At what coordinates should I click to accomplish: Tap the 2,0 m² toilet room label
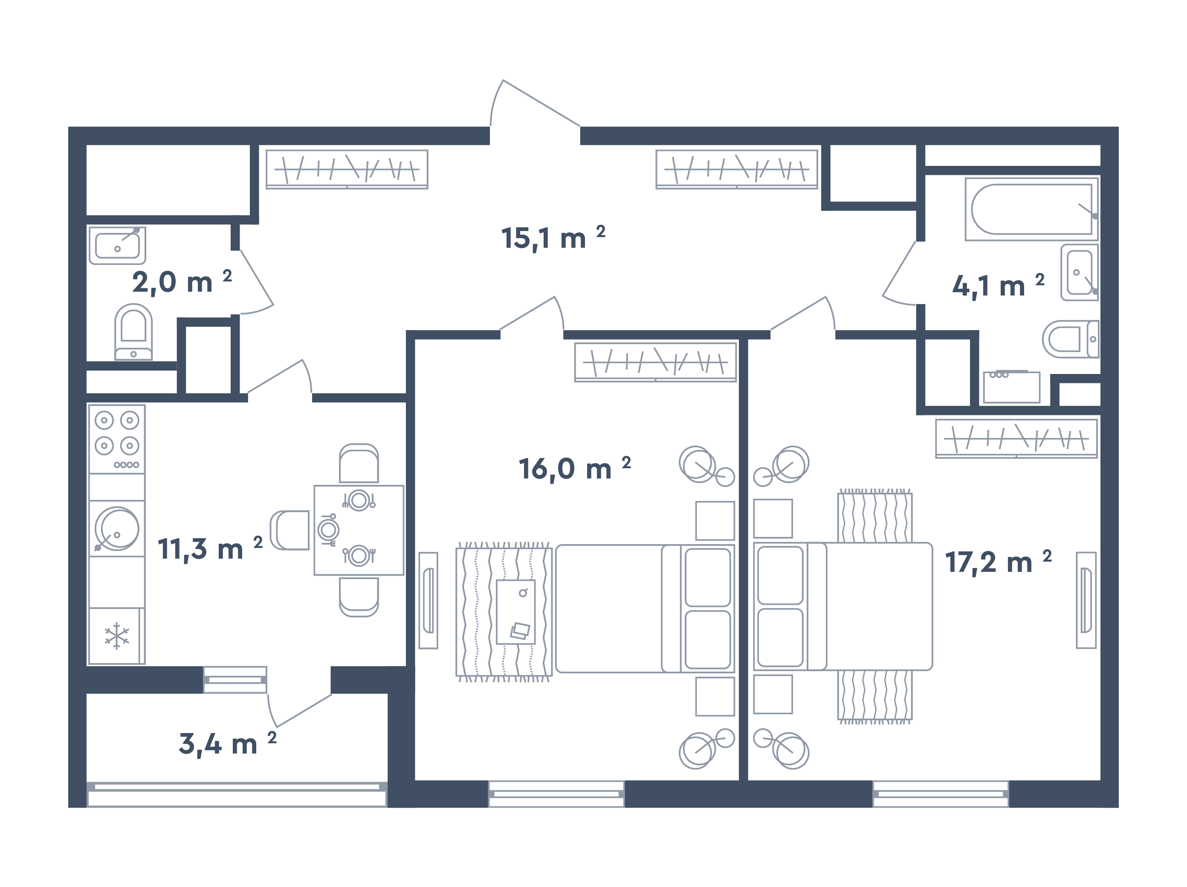pyautogui.click(x=181, y=282)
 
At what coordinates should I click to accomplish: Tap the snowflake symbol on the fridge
pyautogui.click(x=116, y=636)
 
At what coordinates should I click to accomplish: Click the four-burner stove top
pyautogui.click(x=116, y=438)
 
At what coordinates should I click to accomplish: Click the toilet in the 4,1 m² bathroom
pyautogui.click(x=1069, y=339)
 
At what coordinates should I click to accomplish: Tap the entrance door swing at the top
pyautogui.click(x=531, y=107)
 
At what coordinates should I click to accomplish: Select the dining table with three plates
pyautogui.click(x=359, y=530)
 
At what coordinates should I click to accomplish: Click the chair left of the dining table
pyautogui.click(x=290, y=530)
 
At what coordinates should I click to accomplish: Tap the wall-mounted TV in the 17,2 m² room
pyautogui.click(x=1086, y=600)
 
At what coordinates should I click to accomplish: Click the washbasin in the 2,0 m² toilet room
pyautogui.click(x=117, y=246)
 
